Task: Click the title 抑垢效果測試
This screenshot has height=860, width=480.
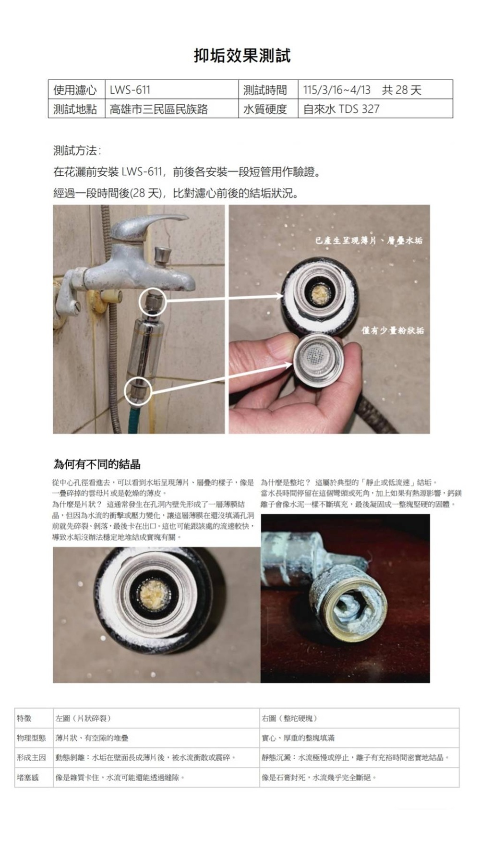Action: point(242,56)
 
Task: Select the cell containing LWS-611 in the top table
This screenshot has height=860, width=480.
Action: point(171,90)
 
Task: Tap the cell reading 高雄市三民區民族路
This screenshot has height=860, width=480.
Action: point(171,109)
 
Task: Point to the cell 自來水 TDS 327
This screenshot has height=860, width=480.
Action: point(375,109)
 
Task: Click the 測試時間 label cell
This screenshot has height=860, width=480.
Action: point(268,90)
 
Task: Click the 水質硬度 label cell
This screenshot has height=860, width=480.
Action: point(268,109)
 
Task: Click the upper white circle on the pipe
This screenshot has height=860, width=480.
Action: point(153,303)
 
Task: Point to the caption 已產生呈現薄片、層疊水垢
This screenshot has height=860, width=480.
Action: point(369,241)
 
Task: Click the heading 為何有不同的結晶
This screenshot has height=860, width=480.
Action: point(96,464)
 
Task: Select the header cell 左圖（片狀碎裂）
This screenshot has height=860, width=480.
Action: point(156,718)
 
